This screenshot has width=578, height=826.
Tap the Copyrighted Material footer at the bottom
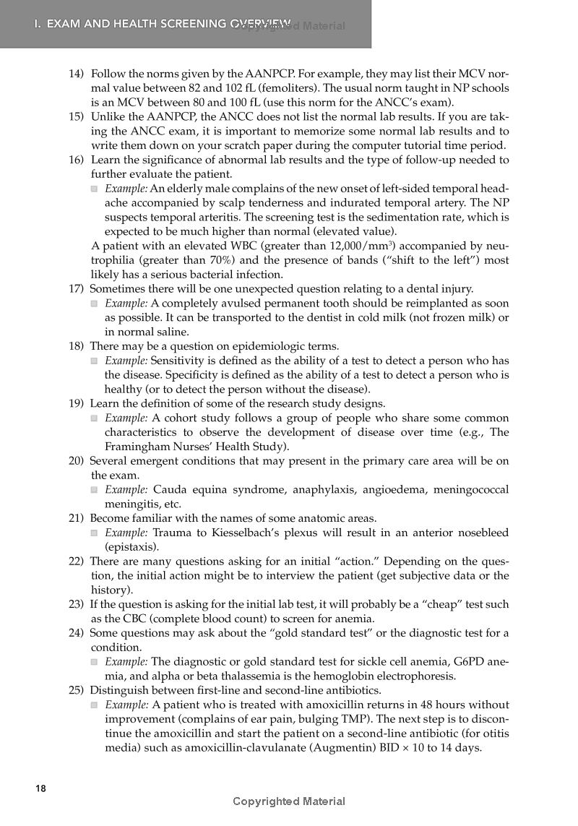pos(289,801)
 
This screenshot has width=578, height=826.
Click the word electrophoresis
pos(408,676)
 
